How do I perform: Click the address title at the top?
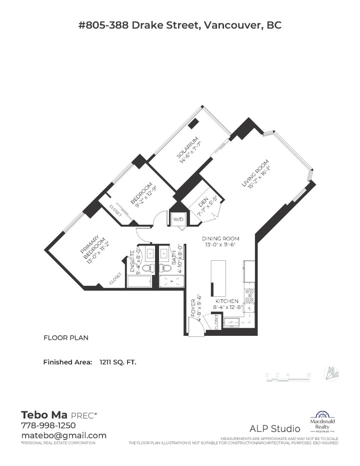(180, 25)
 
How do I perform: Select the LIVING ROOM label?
(256, 177)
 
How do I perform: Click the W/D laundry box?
(178, 220)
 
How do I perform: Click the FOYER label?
(192, 309)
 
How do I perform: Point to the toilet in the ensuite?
(147, 268)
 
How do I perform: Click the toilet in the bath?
(163, 268)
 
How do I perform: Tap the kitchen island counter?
(218, 278)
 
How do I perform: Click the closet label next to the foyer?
(216, 323)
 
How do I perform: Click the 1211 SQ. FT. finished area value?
(117, 361)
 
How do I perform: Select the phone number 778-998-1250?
(48, 425)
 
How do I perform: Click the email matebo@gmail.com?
(63, 435)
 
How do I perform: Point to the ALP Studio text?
(275, 428)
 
